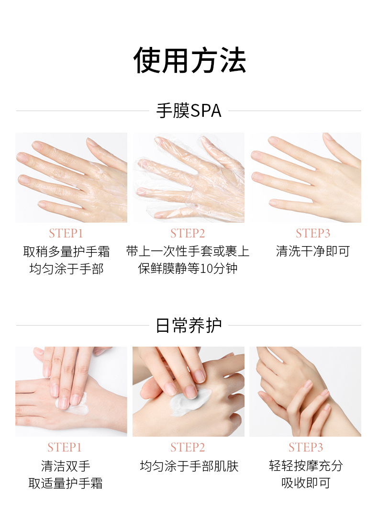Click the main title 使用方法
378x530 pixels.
189,61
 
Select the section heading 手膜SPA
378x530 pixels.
189,111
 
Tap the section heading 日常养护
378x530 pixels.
189,325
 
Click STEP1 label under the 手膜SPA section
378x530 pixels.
66,234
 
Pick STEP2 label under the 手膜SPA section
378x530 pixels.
188,234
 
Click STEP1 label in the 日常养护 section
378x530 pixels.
65,448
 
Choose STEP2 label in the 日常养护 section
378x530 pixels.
188,448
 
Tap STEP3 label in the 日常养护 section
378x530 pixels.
306,448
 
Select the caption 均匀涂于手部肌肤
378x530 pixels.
189,466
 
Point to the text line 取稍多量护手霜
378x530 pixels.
67,251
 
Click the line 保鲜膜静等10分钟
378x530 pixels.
188,269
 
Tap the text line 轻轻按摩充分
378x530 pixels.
306,466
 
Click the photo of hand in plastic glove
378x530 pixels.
189,178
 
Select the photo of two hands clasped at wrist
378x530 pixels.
305,392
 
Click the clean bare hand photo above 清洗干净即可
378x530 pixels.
305,178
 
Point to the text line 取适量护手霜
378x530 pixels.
66,484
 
